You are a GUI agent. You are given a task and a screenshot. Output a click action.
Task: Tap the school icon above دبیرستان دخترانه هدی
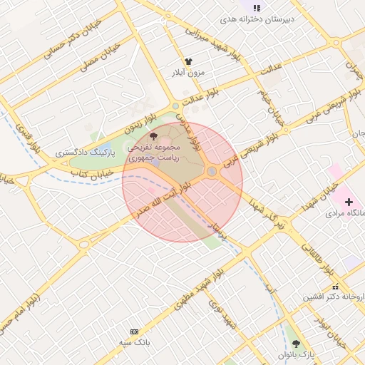click(x=256, y=7)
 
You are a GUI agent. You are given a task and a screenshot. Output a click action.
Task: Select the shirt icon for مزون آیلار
click(x=189, y=62)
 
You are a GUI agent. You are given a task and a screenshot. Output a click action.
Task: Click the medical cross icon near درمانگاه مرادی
click(x=349, y=202)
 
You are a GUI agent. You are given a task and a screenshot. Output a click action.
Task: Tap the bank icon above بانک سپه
click(x=134, y=331)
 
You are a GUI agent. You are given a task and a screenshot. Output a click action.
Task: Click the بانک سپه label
click(x=134, y=343)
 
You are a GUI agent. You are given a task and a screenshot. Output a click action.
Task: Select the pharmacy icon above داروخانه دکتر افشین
click(x=336, y=286)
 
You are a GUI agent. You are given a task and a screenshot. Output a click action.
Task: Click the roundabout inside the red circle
click(x=212, y=172)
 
